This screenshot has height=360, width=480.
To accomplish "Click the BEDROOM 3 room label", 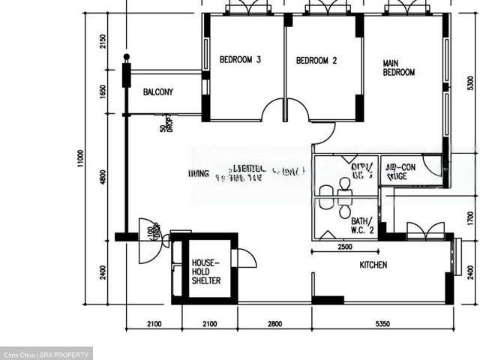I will (240, 60).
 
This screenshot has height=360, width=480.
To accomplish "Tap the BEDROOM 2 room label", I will (316, 60).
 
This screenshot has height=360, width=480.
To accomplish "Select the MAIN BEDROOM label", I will (398, 67).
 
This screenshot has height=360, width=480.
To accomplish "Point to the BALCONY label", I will (158, 92).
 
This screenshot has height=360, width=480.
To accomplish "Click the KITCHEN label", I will (373, 265).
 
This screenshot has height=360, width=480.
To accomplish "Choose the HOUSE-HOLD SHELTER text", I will (205, 271).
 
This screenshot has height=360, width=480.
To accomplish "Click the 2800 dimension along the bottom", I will (274, 323).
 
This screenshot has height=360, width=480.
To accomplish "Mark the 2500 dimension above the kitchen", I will (345, 246).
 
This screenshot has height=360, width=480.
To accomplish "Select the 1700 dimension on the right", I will (469, 219).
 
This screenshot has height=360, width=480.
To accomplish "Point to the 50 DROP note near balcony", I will (164, 124).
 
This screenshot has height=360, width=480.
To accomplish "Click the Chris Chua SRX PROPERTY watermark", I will (46, 354).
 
